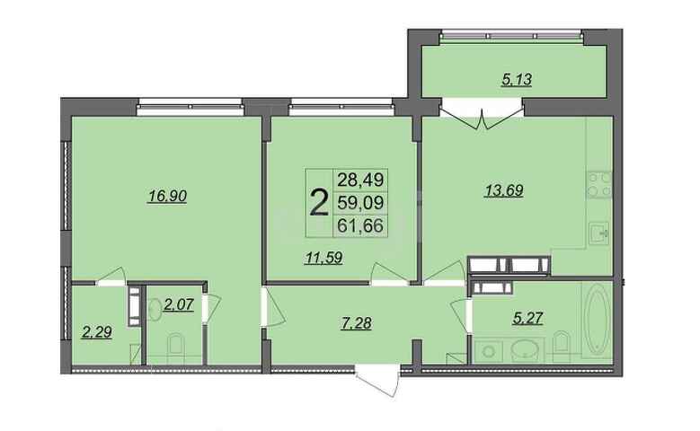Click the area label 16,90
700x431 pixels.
(x=167, y=196)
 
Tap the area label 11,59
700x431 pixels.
(x=323, y=258)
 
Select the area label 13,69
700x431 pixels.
(x=504, y=190)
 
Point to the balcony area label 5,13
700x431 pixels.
(x=517, y=79)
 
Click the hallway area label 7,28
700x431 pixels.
(x=354, y=322)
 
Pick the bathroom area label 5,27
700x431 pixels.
(x=528, y=319)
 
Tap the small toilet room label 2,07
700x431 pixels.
(x=179, y=304)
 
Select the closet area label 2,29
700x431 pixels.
(x=96, y=332)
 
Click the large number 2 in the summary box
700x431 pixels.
(x=319, y=203)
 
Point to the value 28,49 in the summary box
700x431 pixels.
(x=360, y=180)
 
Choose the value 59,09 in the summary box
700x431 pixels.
(x=360, y=203)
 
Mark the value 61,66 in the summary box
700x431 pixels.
(x=360, y=225)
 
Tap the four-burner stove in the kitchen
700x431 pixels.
(x=599, y=185)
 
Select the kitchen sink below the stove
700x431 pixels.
(x=598, y=233)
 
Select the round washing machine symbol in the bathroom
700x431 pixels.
(x=489, y=352)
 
